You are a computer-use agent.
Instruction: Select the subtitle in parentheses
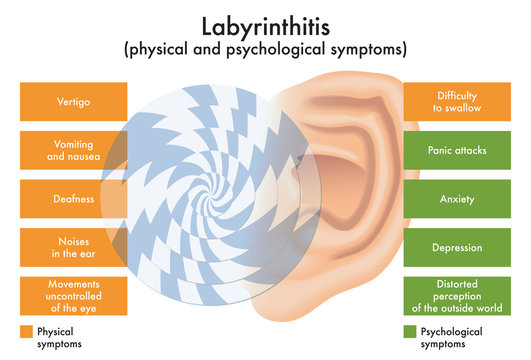(x=265, y=48)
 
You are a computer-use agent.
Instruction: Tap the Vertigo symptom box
(x=73, y=101)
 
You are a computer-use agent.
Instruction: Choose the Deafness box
(x=73, y=199)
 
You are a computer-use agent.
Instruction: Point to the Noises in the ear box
(x=73, y=247)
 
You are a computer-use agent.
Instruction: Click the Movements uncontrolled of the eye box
(x=73, y=296)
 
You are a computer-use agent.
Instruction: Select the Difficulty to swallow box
(x=457, y=101)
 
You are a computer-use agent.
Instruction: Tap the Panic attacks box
(x=457, y=150)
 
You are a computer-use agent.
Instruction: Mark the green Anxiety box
(x=457, y=199)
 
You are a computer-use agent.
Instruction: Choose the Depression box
(x=457, y=247)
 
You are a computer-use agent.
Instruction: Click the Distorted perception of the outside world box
(x=457, y=296)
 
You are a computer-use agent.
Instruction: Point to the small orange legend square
(x=25, y=331)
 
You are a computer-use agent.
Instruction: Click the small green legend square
(x=410, y=331)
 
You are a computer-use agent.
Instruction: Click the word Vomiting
(x=72, y=143)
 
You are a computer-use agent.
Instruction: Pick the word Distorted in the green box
(x=457, y=283)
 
